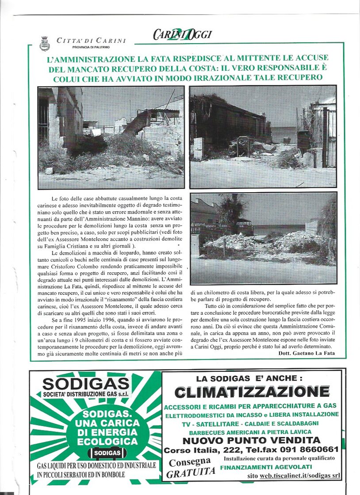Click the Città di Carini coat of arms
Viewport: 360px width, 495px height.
pyautogui.click(x=45, y=44)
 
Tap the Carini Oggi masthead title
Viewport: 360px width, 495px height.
pyautogui.click(x=182, y=34)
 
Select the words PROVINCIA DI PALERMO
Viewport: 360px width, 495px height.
pyautogui.click(x=92, y=47)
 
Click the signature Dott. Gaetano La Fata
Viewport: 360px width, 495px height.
pyautogui.click(x=307, y=353)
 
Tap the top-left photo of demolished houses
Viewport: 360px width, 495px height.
pyautogui.click(x=111, y=137)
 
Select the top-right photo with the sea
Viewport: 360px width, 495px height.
pyautogui.click(x=263, y=136)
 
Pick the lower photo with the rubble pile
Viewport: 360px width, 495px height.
pyautogui.click(x=263, y=238)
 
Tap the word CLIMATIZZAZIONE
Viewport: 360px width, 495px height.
pyautogui.click(x=252, y=392)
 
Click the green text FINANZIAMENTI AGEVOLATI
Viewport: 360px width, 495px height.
pyautogui.click(x=266, y=467)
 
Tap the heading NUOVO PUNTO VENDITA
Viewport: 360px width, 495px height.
pyautogui.click(x=251, y=440)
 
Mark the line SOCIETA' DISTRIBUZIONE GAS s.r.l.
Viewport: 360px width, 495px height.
pyautogui.click(x=86, y=394)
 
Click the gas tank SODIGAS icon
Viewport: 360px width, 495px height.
pyautogui.click(x=107, y=453)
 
